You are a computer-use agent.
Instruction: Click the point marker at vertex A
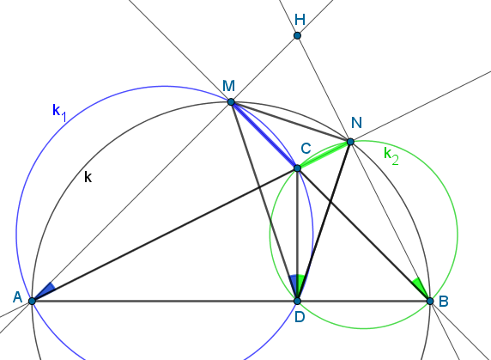[32, 301]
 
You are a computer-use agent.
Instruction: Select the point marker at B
[430, 301]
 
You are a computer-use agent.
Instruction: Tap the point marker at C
[297, 168]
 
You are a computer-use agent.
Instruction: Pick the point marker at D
[297, 301]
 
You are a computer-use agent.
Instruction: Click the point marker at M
[231, 102]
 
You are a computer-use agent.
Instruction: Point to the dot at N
[350, 142]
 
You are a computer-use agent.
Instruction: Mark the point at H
[297, 35]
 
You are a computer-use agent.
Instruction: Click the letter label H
[300, 20]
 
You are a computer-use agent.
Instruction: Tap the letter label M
[228, 86]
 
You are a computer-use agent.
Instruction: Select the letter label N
[356, 123]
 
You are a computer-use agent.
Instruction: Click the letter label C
[306, 149]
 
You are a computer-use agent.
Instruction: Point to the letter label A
[17, 297]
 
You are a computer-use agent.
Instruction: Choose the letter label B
[444, 302]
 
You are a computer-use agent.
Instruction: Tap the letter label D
[300, 317]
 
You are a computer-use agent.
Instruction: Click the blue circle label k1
[59, 113]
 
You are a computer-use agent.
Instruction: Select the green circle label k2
[391, 156]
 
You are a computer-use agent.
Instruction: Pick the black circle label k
[88, 177]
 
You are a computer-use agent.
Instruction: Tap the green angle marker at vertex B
[421, 287]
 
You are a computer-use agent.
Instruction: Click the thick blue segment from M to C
[264, 135]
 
